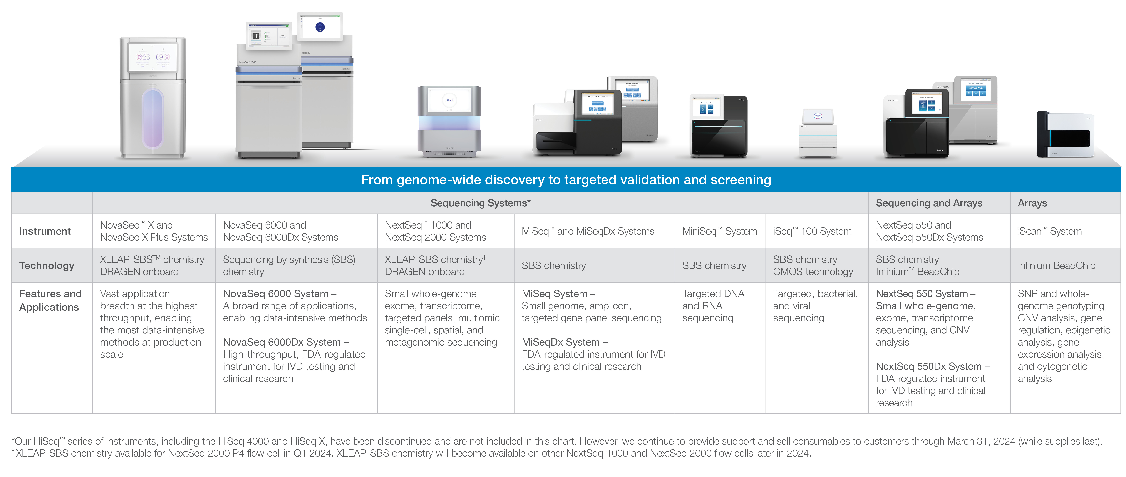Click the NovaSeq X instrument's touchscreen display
point(152,57)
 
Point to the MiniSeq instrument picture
point(718,127)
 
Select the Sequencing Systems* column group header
point(480,203)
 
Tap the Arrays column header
point(1032,203)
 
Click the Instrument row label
point(45,231)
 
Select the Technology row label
point(47,266)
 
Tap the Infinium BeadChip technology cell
point(1056,266)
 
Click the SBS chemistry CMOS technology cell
point(813,266)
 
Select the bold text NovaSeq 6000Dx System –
point(285,342)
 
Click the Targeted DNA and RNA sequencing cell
point(713,306)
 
